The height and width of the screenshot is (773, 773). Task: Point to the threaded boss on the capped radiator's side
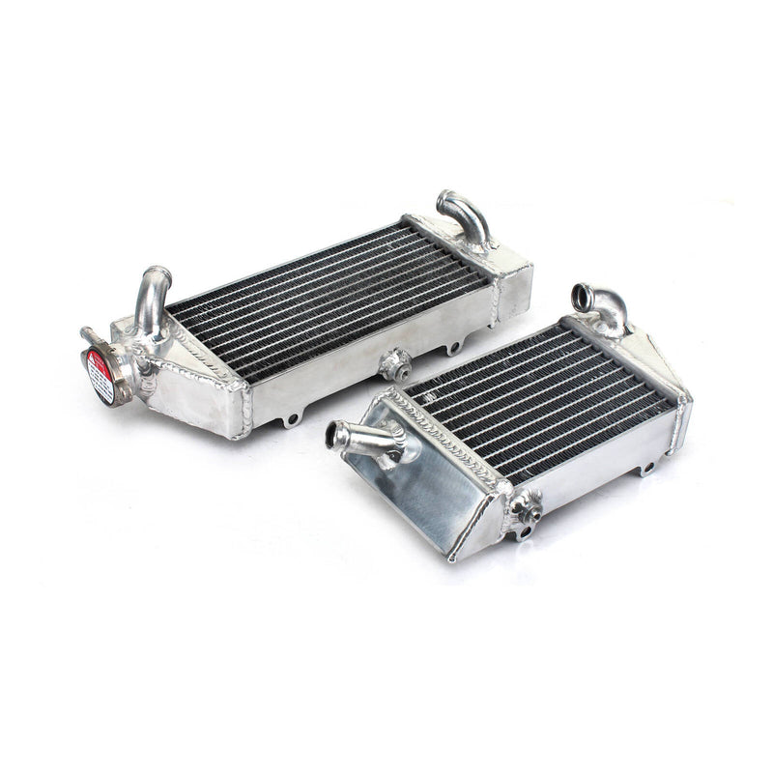(395, 364)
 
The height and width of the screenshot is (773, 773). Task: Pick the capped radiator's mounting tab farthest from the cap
(451, 346)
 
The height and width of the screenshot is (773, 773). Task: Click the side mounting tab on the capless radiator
(644, 468)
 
